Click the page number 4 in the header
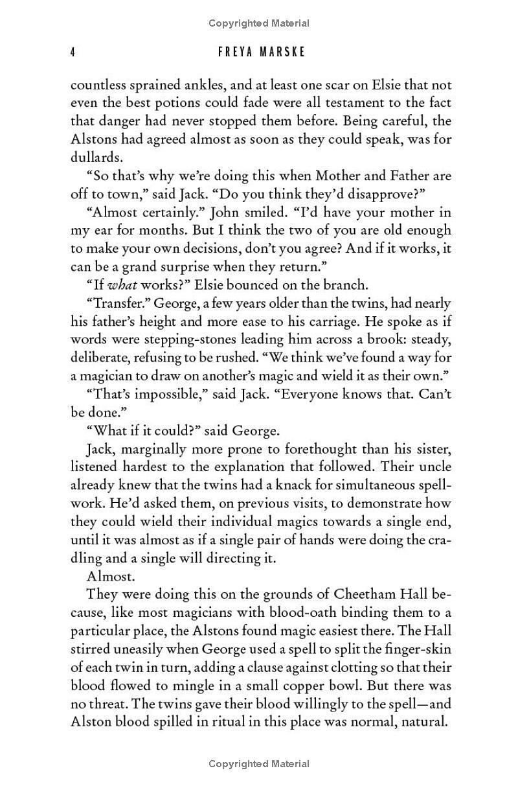73,52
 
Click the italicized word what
120,284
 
